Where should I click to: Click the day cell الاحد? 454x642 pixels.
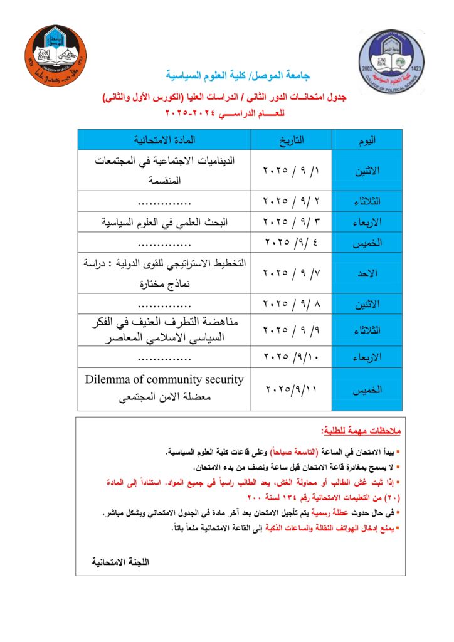[367, 273]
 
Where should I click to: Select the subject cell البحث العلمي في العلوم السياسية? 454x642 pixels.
[165, 222]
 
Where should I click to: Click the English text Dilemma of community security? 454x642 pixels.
[164, 380]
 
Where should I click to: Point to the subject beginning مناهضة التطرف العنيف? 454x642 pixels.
[165, 322]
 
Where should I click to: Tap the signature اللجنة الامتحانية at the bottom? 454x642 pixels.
[121, 562]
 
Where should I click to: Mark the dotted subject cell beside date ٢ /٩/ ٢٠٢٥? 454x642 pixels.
[164, 201]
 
